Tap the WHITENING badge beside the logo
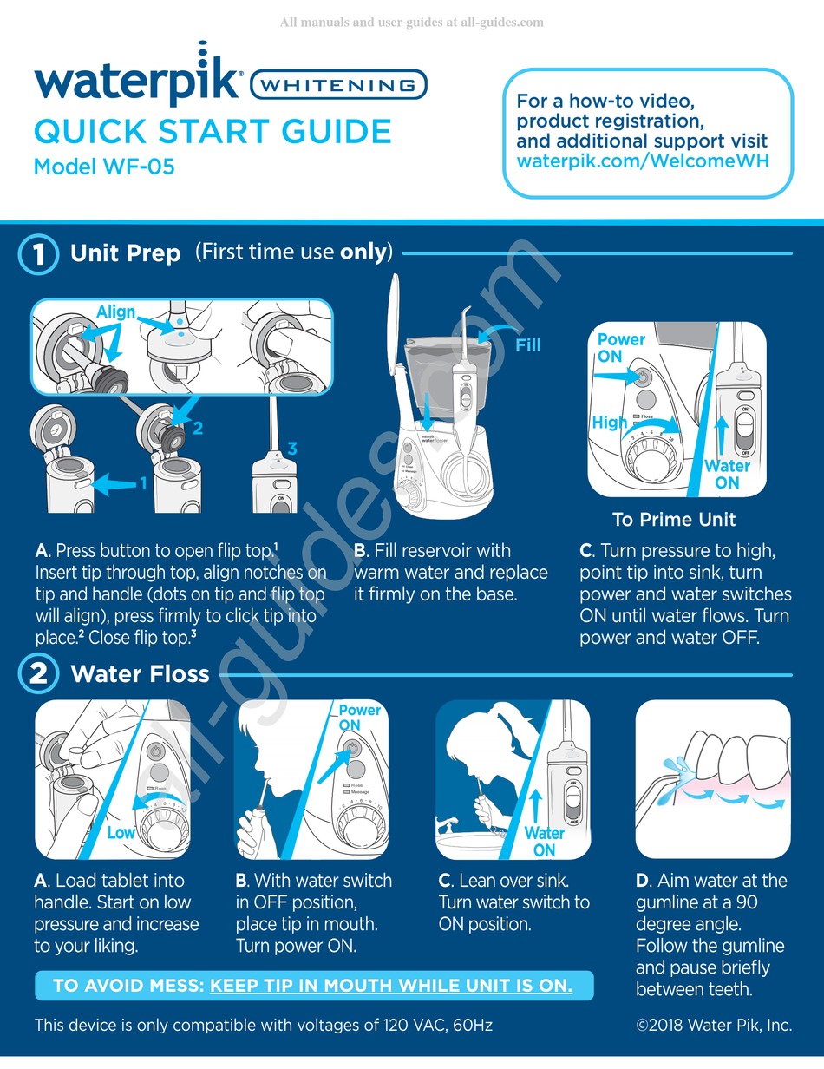338,86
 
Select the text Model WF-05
104,166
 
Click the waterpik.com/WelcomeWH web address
643,161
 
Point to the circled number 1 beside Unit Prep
38,252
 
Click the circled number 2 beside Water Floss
38,673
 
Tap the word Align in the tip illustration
115,312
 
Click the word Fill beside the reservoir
527,344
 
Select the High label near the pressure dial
609,422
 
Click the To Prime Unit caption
674,520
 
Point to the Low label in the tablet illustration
121,832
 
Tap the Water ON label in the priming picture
727,474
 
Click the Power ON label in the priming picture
621,347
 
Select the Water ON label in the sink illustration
544,841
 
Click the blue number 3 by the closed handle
292,449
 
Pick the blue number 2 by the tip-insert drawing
198,427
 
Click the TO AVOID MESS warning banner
313,986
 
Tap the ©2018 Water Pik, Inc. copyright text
714,1025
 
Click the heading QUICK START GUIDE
213,132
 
